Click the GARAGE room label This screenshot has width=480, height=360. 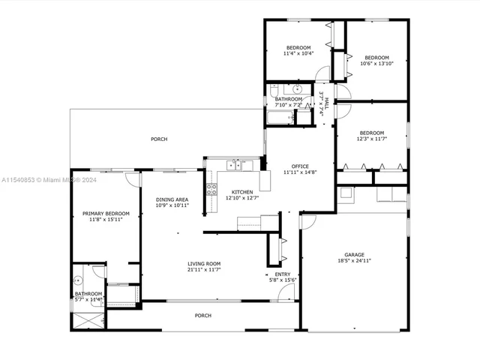[353, 254]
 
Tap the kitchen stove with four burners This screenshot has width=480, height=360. [211, 187]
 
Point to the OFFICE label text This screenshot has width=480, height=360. [301, 166]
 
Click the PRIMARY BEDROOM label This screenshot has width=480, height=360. [106, 214]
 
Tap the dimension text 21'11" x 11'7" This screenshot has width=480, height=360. [203, 269]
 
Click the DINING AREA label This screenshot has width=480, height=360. [172, 199]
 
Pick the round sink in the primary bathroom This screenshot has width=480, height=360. [77, 280]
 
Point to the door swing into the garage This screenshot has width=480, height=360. [307, 222]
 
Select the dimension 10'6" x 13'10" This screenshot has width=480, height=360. [376, 64]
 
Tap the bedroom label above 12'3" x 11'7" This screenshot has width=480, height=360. [372, 133]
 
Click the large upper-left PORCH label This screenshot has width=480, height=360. [159, 139]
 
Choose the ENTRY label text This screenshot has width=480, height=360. [282, 274]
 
